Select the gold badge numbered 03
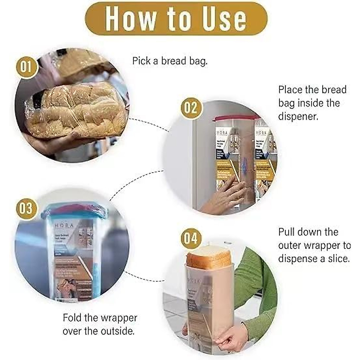[x=26, y=208]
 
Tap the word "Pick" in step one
[x=141, y=61]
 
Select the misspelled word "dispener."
[x=298, y=116]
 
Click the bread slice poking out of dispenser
[x=209, y=256]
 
